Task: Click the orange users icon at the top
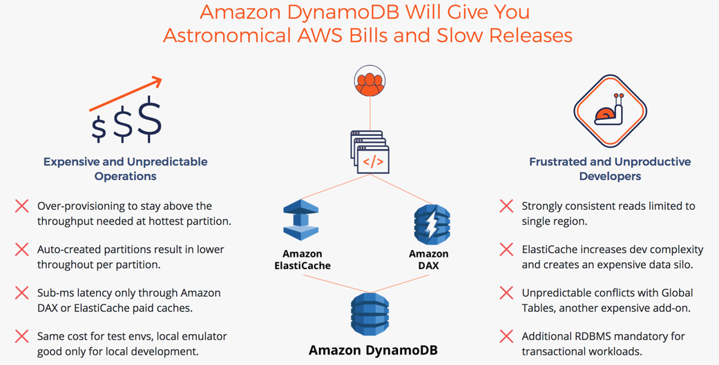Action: tap(370, 82)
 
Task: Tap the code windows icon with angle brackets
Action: tap(370, 152)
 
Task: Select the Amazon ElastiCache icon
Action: tap(301, 220)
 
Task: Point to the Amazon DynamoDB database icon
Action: tap(370, 314)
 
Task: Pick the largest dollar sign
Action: tap(150, 119)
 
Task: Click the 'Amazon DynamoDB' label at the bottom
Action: tap(373, 350)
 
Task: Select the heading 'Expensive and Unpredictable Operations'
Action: tap(126, 169)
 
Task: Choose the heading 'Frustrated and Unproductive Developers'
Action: tap(610, 169)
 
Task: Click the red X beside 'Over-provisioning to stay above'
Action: tap(22, 206)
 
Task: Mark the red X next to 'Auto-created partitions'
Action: tap(22, 249)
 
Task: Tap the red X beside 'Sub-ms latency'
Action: tap(22, 293)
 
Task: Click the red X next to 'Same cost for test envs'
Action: tap(22, 336)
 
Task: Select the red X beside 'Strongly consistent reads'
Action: tap(506, 206)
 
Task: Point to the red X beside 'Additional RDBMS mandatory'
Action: tap(506, 336)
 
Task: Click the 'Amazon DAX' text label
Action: tap(428, 259)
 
